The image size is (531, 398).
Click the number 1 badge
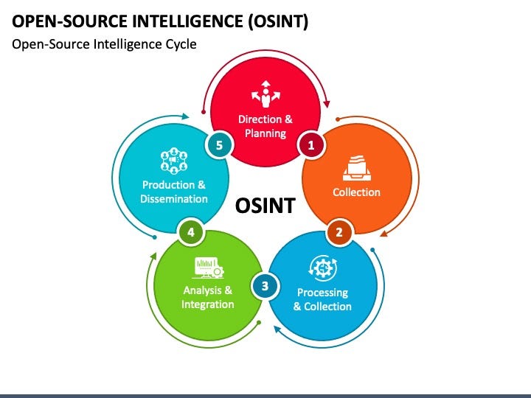[311, 145]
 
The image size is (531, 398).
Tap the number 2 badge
[339, 233]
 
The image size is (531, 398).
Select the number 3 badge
[265, 285]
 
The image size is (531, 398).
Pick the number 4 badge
[191, 233]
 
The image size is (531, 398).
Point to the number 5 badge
[218, 145]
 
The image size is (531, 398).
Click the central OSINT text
[265, 206]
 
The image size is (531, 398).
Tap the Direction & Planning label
[265, 126]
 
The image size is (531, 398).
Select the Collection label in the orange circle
[356, 192]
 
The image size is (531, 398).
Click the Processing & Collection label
[322, 299]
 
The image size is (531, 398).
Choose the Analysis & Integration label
[208, 297]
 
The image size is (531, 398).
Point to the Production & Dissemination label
[175, 192]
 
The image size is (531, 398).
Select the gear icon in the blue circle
[322, 268]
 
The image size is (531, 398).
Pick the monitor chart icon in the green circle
[207, 267]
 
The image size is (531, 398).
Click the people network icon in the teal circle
[174, 161]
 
